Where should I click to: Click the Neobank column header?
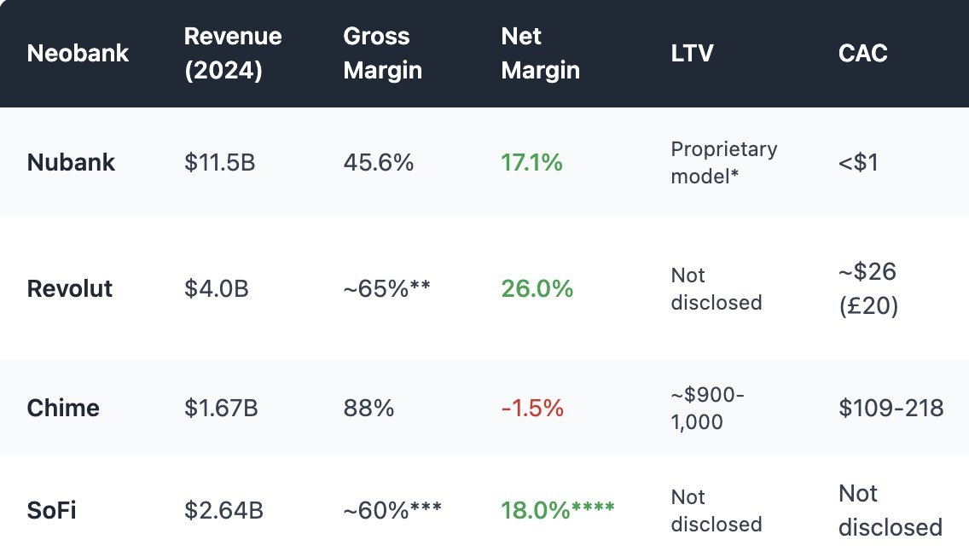point(78,54)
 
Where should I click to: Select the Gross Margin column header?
point(382,53)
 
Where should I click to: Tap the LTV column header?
point(692,54)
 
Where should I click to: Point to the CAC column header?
point(862,54)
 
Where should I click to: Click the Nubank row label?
point(71,162)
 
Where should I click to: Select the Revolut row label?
point(70,288)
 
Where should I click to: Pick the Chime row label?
point(63,408)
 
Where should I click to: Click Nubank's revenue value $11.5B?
point(219,162)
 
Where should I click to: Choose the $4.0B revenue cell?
point(216,288)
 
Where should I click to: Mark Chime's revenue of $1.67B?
point(221,408)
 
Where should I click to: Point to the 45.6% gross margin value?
point(378,162)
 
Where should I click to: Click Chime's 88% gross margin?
point(368,408)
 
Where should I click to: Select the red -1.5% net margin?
point(532,408)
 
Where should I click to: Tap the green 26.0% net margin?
point(537,288)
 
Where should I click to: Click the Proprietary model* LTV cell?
point(723,162)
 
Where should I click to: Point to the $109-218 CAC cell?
point(891,408)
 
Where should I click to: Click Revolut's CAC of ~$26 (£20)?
point(868,288)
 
